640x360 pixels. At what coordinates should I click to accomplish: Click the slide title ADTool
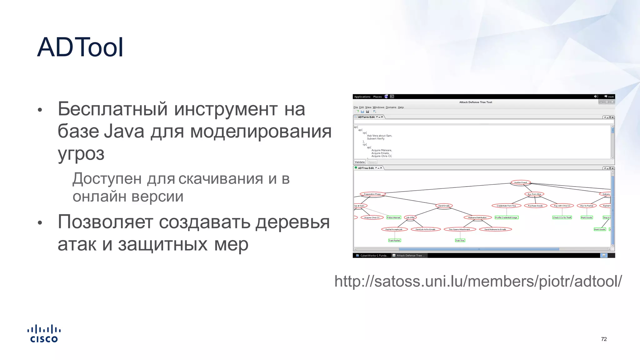pyautogui.click(x=80, y=47)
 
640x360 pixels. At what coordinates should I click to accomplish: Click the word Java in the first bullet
pyautogui.click(x=124, y=131)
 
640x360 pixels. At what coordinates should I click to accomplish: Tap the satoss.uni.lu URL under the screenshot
pyautogui.click(x=478, y=281)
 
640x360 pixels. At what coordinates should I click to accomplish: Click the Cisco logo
pyautogui.click(x=44, y=334)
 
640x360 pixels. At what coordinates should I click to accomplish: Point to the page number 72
pyautogui.click(x=604, y=339)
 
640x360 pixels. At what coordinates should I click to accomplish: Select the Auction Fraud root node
pyautogui.click(x=520, y=182)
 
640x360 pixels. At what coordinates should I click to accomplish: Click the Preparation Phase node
pyautogui.click(x=372, y=194)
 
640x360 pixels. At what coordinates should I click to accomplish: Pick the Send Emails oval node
pyautogui.click(x=444, y=206)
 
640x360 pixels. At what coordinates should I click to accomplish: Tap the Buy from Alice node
pyautogui.click(x=534, y=194)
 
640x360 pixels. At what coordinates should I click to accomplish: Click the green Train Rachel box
pyautogui.click(x=394, y=240)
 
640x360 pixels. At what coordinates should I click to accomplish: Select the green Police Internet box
pyautogui.click(x=393, y=217)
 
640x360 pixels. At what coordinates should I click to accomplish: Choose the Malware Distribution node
pyautogui.click(x=477, y=217)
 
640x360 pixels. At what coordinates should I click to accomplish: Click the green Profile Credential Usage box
pyautogui.click(x=506, y=217)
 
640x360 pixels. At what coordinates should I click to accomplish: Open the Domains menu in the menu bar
pyautogui.click(x=391, y=107)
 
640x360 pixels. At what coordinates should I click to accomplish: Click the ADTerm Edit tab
pyautogui.click(x=366, y=117)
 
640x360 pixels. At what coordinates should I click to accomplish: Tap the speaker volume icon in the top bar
pyautogui.click(x=596, y=97)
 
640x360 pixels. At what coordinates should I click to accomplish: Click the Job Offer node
pyautogui.click(x=410, y=217)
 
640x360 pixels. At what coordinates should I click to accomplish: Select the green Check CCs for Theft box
pyautogui.click(x=562, y=217)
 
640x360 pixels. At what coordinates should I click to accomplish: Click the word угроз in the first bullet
pyautogui.click(x=81, y=154)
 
